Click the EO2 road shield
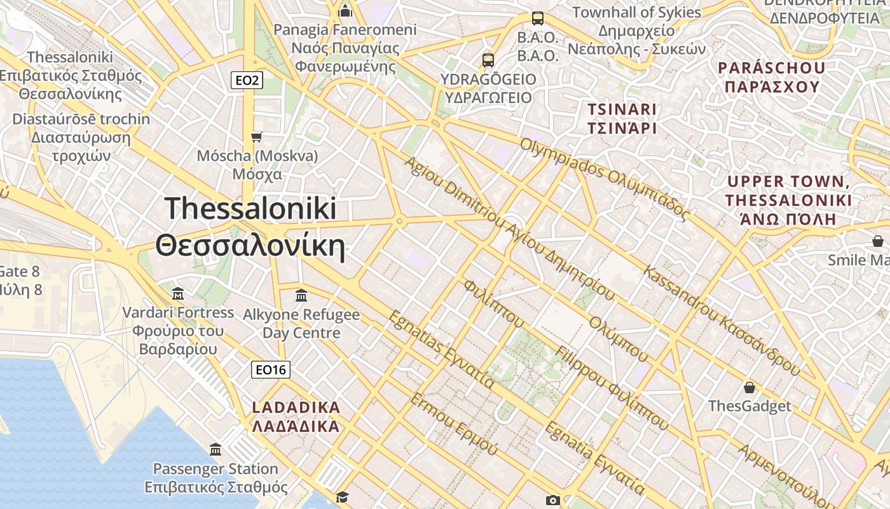tap(247, 80)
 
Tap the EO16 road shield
tap(271, 370)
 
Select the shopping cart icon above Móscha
tap(257, 137)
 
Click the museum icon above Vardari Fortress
tap(178, 294)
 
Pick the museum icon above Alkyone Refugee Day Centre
tap(301, 296)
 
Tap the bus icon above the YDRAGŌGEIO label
tap(488, 60)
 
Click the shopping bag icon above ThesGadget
tap(750, 387)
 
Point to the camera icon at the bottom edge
tap(553, 501)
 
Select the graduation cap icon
tap(343, 497)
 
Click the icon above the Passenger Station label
tap(216, 449)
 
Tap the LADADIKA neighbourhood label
tap(296, 417)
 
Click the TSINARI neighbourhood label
tap(622, 118)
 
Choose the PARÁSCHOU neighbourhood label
tap(772, 77)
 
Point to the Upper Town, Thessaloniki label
tap(788, 200)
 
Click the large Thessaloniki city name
tap(250, 227)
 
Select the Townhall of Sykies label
tap(636, 30)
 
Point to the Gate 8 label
tap(19, 281)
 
